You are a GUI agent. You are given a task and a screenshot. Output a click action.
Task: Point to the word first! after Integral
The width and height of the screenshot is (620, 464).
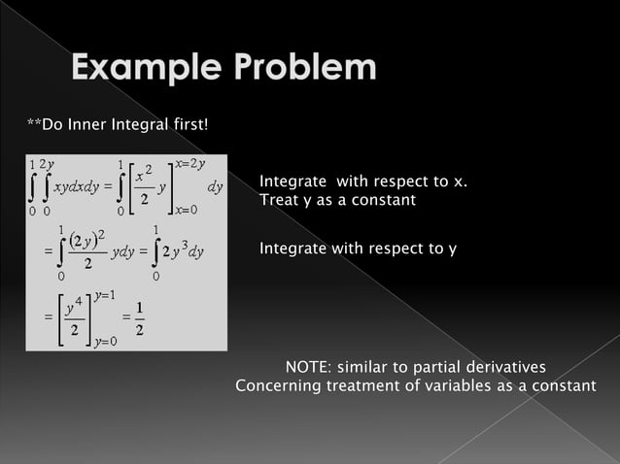pyautogui.click(x=189, y=125)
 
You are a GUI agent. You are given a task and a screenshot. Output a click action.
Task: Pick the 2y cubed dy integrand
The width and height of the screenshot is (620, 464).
pyautogui.click(x=183, y=253)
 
